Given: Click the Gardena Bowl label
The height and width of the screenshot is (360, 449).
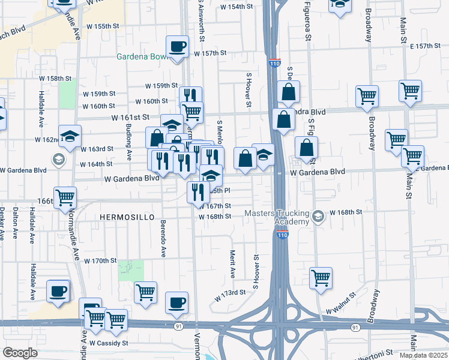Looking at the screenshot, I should point(142,58).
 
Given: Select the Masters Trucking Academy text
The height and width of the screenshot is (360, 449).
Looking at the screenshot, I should point(277,217).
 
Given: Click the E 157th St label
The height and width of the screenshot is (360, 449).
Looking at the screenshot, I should point(425,46).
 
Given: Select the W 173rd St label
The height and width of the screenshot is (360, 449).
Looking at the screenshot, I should point(231,292).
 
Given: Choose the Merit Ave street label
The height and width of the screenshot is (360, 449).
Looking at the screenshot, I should point(232,265).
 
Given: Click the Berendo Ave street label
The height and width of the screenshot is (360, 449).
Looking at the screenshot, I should point(163,238).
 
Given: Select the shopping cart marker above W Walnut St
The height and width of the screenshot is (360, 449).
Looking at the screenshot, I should point(321,278).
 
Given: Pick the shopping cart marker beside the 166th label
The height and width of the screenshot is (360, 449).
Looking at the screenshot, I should point(65,197).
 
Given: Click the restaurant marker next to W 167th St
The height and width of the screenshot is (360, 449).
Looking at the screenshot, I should point(196,192).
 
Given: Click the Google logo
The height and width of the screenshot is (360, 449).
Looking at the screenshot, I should point(20,353).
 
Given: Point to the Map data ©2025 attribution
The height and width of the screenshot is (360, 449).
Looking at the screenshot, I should point(423,355).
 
